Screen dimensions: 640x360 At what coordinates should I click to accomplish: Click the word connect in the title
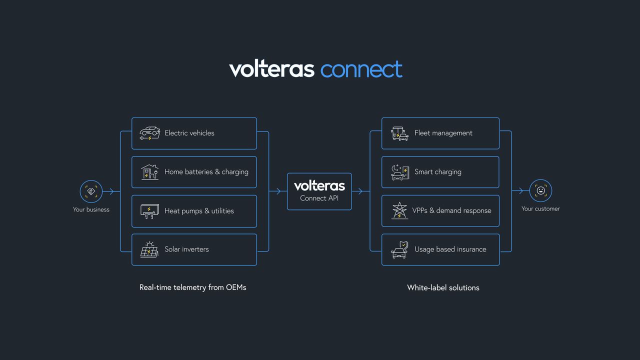[361, 70]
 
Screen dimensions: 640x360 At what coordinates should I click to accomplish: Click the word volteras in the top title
[271, 69]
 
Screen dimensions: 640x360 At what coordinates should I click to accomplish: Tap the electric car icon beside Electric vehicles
[149, 133]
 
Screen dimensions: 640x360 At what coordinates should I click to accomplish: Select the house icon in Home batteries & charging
[149, 172]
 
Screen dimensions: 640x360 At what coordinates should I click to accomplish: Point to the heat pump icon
[149, 211]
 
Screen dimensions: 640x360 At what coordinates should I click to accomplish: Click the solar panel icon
[149, 249]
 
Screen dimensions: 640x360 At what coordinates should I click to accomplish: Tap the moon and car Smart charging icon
[399, 172]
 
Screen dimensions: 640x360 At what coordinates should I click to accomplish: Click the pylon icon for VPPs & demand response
[399, 210]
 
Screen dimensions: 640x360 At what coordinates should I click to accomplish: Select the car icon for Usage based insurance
[399, 249]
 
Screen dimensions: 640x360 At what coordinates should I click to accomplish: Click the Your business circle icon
[91, 191]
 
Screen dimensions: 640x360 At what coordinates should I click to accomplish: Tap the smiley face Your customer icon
[540, 190]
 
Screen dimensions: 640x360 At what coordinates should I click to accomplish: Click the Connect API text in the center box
[319, 198]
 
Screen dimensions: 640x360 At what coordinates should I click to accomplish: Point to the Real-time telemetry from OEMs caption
[192, 287]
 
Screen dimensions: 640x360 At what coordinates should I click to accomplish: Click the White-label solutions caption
[443, 287]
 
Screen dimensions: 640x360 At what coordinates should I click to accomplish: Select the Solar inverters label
[186, 249]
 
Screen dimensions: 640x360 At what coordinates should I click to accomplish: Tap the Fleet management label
[443, 133]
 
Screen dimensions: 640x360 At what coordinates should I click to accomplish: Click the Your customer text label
[540, 209]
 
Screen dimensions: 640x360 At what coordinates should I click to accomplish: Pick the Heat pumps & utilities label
[199, 211]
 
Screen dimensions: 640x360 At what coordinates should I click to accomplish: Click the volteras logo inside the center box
[319, 186]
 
